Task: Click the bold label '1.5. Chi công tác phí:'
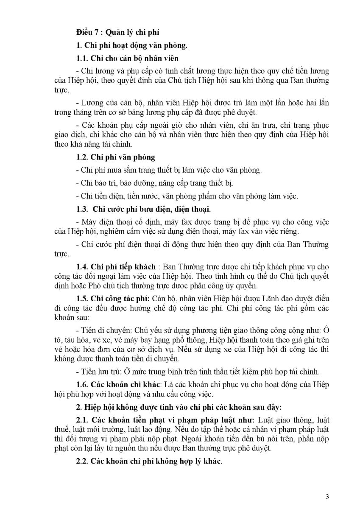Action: [112, 299]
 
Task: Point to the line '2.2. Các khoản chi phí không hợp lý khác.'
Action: [149, 461]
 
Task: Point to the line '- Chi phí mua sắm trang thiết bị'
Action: [169, 170]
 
